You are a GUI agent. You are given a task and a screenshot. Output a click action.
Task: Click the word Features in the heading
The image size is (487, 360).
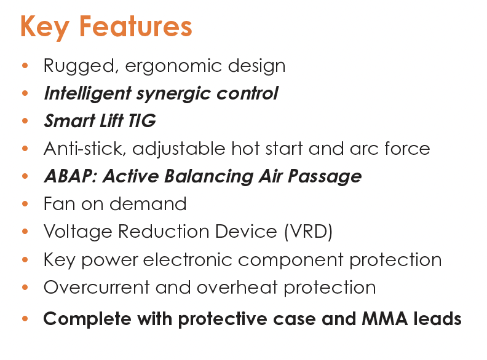[136, 26]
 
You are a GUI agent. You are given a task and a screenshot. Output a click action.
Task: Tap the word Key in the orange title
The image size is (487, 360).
[45, 28]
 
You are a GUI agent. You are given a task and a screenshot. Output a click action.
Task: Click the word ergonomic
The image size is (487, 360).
[173, 66]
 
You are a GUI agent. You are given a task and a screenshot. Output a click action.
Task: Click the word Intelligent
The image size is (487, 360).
[87, 94]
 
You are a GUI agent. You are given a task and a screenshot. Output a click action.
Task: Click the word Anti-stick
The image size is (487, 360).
[85, 148]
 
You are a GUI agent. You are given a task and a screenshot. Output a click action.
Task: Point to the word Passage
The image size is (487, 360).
[325, 177]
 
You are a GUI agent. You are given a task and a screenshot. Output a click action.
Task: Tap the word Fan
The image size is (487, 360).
[59, 204]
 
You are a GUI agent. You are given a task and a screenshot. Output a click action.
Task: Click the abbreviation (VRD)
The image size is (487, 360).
[309, 232]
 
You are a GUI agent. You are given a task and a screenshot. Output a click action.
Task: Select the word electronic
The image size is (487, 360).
[188, 259]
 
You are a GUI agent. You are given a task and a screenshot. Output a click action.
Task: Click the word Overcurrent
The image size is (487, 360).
[97, 288]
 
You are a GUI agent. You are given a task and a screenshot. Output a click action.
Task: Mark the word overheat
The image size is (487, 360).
[237, 287]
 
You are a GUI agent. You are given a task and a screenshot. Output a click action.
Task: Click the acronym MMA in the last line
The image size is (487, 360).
[385, 319]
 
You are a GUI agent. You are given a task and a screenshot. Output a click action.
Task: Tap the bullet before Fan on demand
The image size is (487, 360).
[25, 204]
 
